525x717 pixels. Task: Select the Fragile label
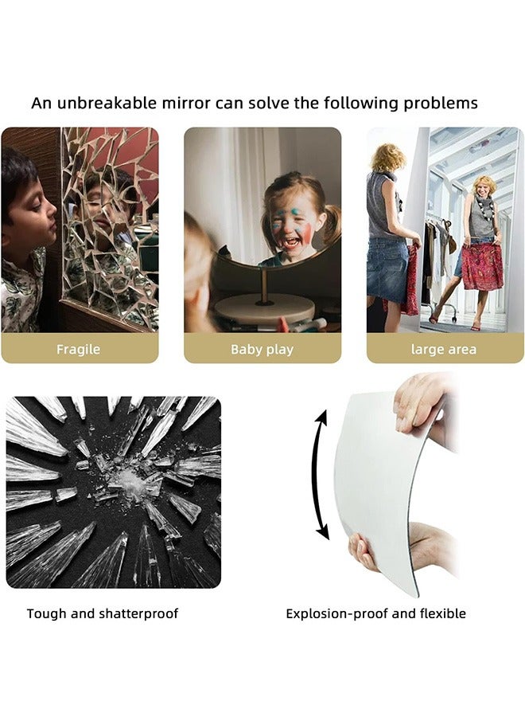(78, 350)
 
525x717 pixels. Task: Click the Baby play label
(262, 350)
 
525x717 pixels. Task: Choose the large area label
(444, 350)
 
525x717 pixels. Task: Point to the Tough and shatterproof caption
(103, 613)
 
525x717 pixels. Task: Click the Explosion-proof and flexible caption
(375, 613)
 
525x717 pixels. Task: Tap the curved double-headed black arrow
(316, 475)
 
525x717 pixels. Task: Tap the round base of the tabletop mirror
(264, 308)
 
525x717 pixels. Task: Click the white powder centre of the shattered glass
(130, 481)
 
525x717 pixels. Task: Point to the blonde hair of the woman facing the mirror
(387, 158)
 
